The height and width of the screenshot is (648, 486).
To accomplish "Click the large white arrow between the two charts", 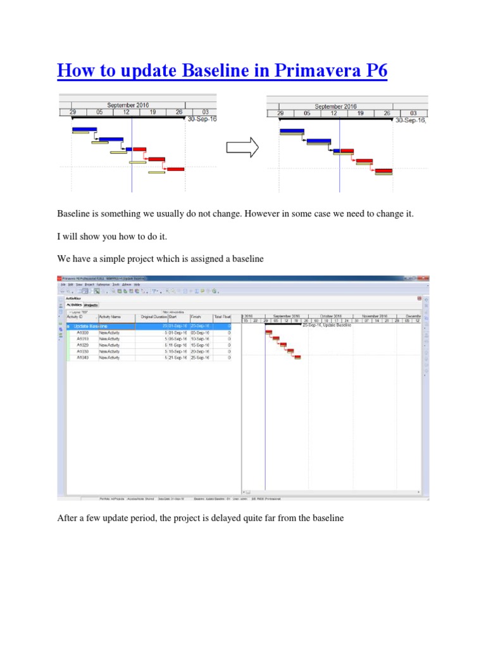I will (x=242, y=148).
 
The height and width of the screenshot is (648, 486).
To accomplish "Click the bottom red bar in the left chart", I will (x=175, y=169).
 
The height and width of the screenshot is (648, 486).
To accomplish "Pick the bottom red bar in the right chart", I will (x=383, y=170).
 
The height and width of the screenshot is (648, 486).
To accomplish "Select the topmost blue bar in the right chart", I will (x=292, y=131).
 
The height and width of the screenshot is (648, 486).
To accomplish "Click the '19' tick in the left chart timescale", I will (x=153, y=112).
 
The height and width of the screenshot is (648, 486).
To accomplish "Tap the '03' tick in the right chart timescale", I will (x=413, y=114).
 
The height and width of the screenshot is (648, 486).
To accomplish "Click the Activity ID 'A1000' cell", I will (x=84, y=332).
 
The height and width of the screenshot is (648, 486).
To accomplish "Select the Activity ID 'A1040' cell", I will (x=84, y=358).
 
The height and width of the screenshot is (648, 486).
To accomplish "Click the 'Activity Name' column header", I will (x=110, y=316).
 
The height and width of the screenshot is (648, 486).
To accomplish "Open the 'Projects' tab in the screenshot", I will (x=92, y=304).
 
